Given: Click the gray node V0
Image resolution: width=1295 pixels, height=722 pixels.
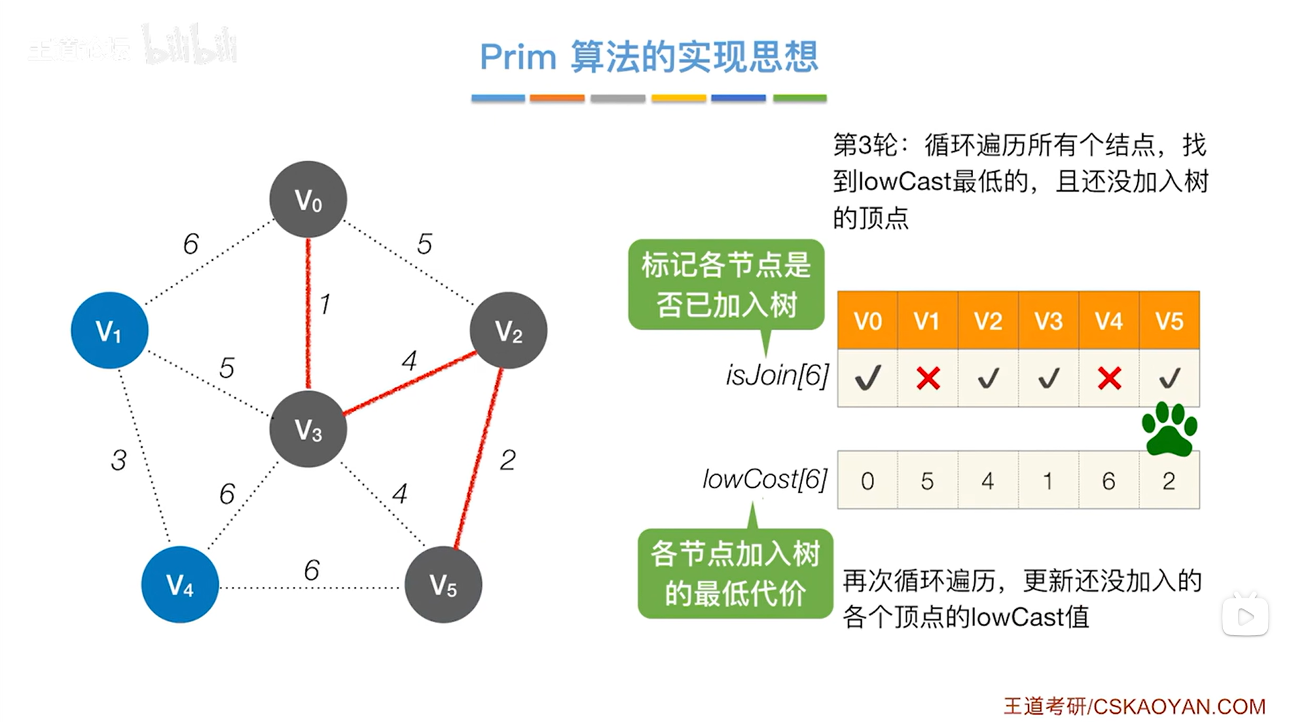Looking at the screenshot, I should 308,200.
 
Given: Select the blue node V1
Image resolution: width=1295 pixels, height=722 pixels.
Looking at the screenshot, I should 109,331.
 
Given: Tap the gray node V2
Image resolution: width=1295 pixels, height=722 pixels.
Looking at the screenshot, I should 508,331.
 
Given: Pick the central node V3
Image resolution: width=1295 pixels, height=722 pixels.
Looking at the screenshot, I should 308,429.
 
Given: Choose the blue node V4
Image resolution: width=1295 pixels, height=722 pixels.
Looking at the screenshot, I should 180,585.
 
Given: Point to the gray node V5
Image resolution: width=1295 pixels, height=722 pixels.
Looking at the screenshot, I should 443,585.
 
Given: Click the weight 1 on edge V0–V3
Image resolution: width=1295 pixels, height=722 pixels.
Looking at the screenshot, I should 325,304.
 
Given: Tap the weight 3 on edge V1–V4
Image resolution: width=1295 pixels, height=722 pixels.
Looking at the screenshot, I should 119,460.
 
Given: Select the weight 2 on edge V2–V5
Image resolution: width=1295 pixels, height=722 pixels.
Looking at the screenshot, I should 507,460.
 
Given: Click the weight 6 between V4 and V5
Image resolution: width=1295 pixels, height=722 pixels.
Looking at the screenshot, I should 312,570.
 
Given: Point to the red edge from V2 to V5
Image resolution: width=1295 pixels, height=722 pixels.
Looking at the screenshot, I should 479,458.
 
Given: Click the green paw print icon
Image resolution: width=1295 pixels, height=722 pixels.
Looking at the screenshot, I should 1169,429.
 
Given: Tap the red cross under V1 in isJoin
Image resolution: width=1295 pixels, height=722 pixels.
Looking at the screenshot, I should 928,378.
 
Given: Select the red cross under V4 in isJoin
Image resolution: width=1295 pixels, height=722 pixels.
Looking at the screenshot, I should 1109,378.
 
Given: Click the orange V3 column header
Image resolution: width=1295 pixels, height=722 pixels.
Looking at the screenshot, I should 1048,321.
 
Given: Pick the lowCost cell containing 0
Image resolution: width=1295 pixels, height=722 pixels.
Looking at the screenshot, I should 867,481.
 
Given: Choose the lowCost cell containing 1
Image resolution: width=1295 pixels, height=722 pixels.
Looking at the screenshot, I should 1048,481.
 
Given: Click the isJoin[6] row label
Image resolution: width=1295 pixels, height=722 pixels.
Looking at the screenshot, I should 777,375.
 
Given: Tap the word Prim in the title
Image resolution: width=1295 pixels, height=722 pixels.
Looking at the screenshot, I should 518,56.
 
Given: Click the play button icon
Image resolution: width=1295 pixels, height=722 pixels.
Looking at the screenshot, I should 1245,616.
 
